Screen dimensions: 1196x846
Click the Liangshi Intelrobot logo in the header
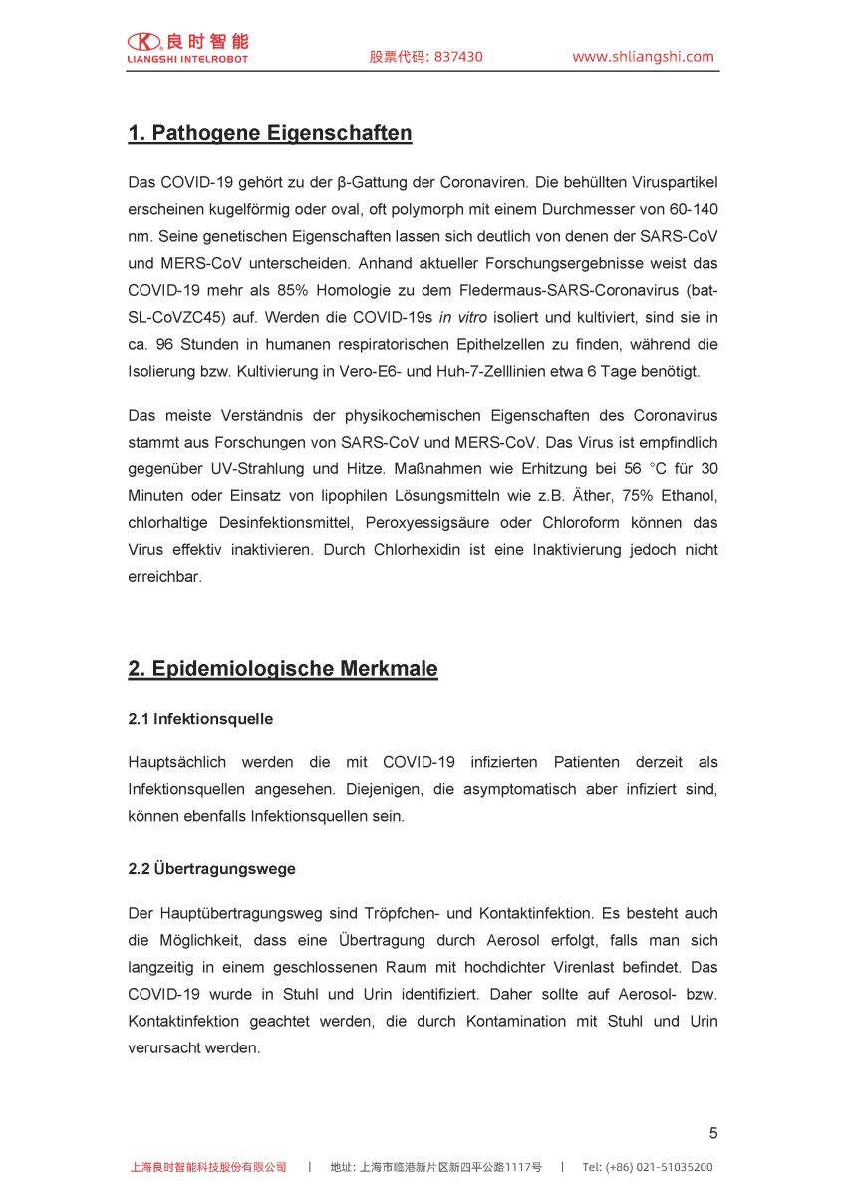187,47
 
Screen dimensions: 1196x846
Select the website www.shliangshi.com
643,57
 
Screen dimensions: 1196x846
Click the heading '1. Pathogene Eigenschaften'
269,133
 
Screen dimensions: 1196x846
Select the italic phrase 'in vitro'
465,318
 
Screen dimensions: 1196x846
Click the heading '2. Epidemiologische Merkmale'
283,669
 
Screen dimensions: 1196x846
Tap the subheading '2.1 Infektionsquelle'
200,719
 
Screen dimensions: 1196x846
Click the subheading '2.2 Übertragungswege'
211,869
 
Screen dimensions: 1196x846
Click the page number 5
713,1133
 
